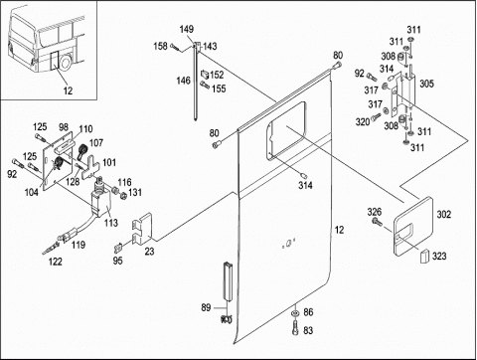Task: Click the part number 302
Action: coord(444,215)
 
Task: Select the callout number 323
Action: coord(439,256)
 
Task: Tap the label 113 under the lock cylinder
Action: coord(111,223)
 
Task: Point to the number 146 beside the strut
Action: coord(183,81)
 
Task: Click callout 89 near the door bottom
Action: coord(206,307)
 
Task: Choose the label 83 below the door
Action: coord(308,330)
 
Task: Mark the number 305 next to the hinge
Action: coord(426,84)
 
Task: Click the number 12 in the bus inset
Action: coord(68,90)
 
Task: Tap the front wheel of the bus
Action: coord(65,63)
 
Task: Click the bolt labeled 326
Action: coord(377,221)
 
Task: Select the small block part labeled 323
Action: coord(424,257)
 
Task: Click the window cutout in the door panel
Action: coord(287,131)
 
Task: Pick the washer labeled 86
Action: coord(294,313)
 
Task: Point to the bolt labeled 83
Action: coord(295,327)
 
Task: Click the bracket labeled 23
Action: coord(142,229)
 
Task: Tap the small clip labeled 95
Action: coord(118,248)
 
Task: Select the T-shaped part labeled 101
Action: coord(91,168)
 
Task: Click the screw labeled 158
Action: coord(176,48)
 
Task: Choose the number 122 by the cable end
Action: coord(56,262)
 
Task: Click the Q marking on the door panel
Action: coord(288,244)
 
